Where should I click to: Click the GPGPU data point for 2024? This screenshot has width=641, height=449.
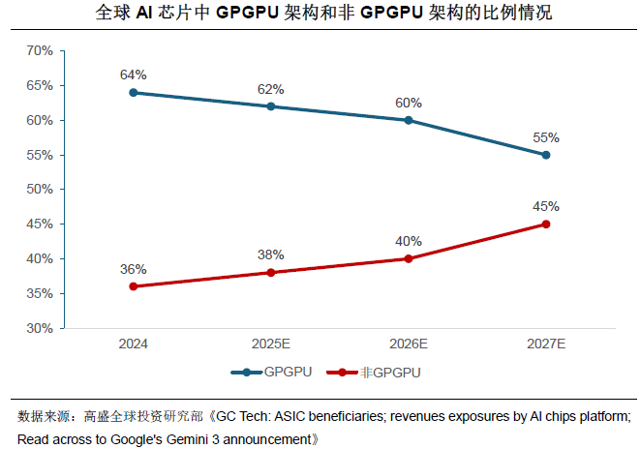(x=133, y=93)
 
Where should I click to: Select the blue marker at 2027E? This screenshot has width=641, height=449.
(x=546, y=155)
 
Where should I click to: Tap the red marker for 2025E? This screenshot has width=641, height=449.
(x=270, y=273)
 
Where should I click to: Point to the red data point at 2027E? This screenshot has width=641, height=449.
(x=546, y=224)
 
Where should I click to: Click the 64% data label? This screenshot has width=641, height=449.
(x=133, y=75)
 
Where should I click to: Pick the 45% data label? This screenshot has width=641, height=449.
(x=546, y=206)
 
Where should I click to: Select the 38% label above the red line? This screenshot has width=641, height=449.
(x=270, y=254)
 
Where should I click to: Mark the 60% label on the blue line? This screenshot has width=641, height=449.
(x=408, y=102)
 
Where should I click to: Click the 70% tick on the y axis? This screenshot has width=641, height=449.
(x=39, y=51)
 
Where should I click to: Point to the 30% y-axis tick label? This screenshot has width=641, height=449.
(x=39, y=328)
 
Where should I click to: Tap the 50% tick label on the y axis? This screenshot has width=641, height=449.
(x=39, y=190)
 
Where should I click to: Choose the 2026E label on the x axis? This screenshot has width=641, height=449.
(x=408, y=344)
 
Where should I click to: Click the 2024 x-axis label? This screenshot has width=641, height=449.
(x=133, y=344)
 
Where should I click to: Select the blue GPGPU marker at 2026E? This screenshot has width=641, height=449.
(x=408, y=120)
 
